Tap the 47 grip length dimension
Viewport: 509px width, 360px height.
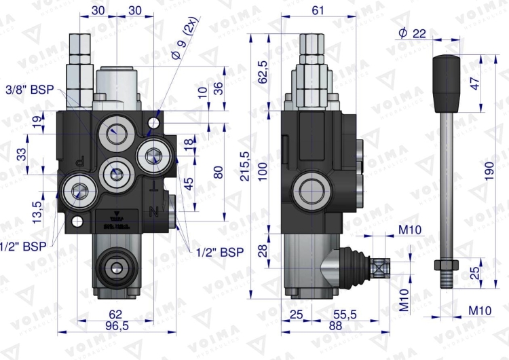coord(475,82)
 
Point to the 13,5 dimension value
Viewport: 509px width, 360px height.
coord(38,211)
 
